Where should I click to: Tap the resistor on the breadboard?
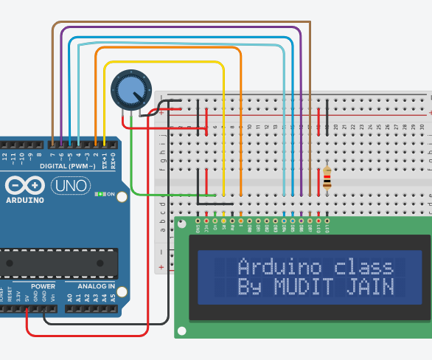click(x=327, y=178)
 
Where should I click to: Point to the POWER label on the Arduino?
click(x=43, y=285)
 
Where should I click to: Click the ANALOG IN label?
click(x=91, y=285)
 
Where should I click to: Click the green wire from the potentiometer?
click(x=132, y=162)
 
